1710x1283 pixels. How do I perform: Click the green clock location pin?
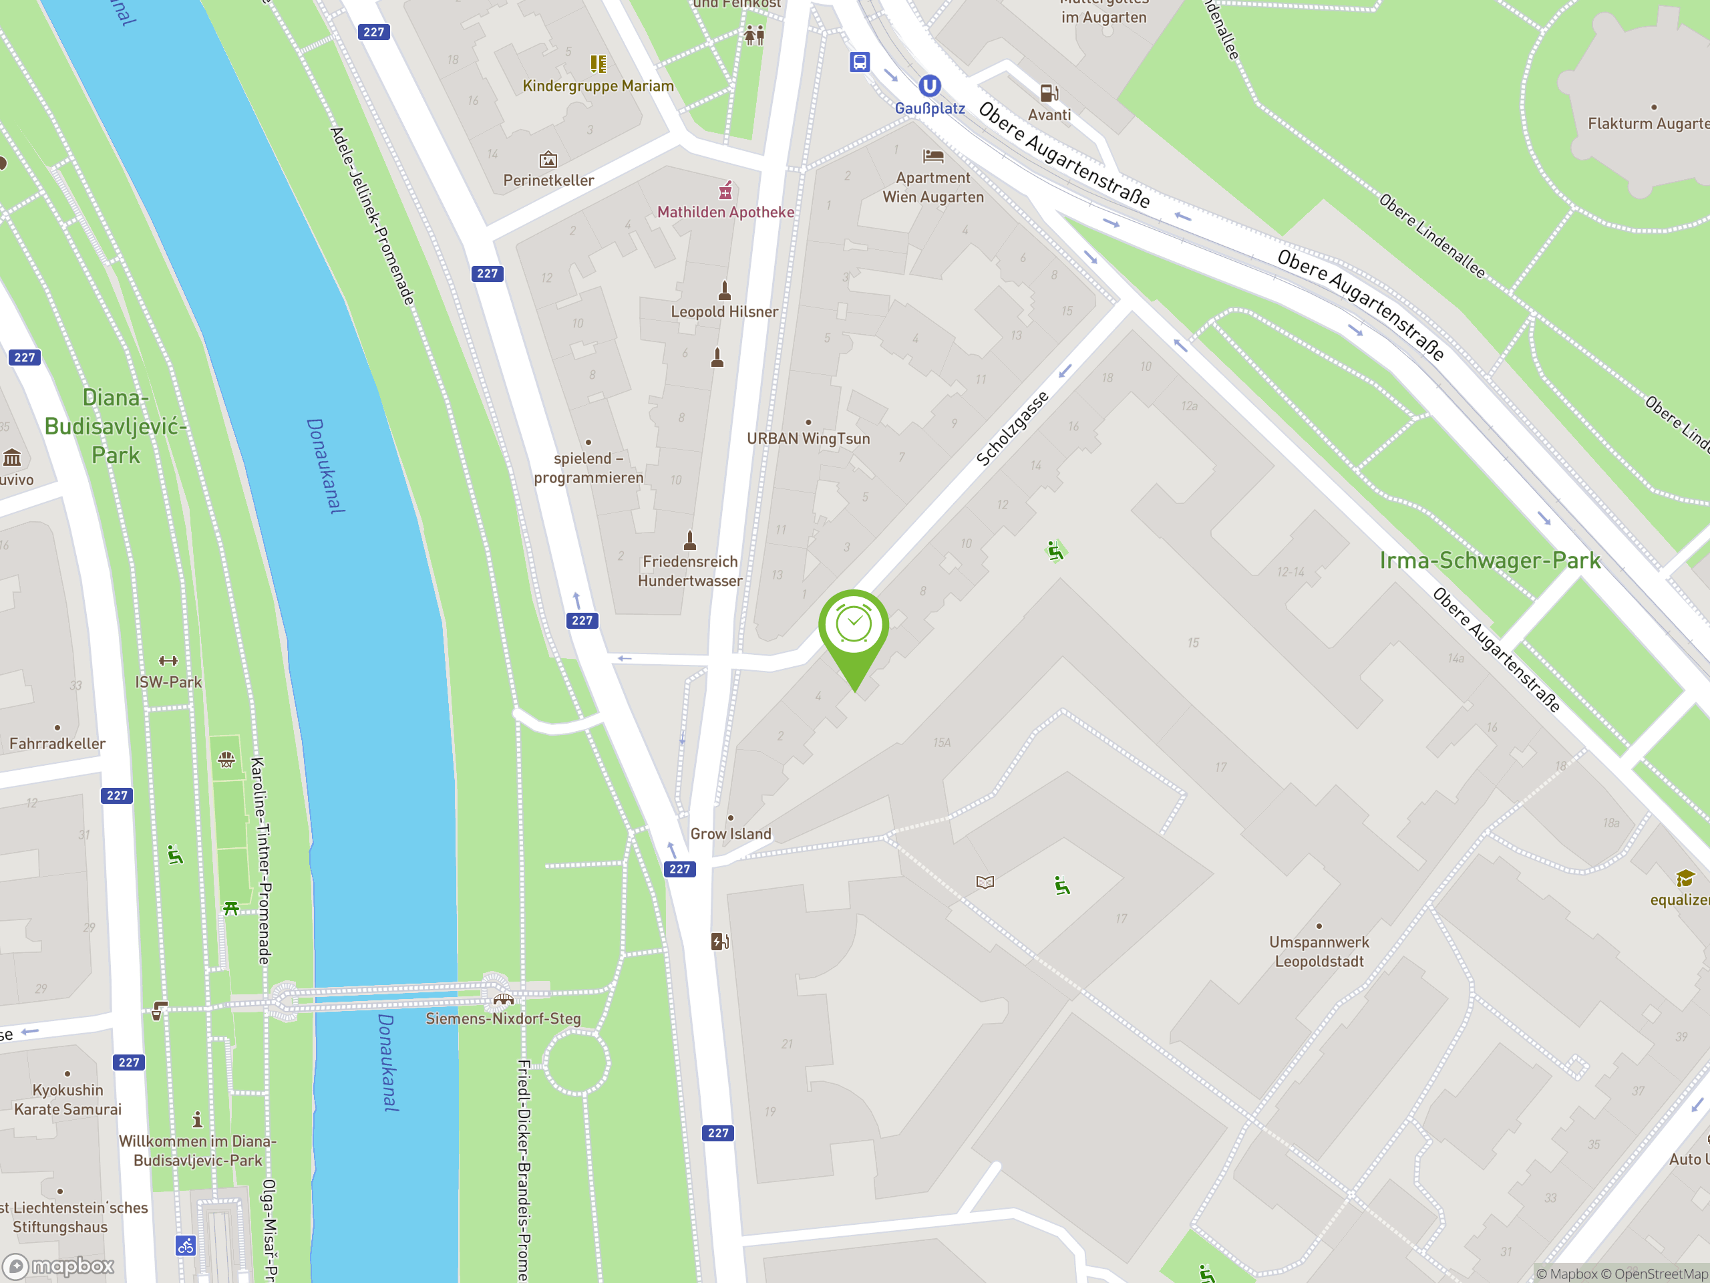pos(854,626)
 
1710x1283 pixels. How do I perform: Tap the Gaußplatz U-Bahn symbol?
pos(929,86)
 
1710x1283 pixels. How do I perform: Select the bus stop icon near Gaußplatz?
pos(860,62)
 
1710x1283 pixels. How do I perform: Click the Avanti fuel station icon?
pos(1049,94)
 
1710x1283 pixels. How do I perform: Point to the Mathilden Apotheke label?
pos(725,212)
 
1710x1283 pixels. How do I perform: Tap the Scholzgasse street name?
pos(1012,428)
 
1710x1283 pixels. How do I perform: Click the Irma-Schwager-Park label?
pos(1490,561)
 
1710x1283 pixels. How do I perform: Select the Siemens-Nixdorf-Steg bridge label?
pos(503,1018)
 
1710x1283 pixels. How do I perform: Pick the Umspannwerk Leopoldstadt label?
pos(1319,952)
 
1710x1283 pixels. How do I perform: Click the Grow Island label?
pos(731,834)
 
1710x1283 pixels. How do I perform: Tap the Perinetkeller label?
pos(548,180)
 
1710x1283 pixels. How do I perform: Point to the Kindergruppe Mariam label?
pos(598,86)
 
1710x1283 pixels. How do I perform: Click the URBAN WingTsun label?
pos(808,438)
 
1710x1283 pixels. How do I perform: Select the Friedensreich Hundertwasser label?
pos(689,571)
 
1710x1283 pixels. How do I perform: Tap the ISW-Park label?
pos(168,682)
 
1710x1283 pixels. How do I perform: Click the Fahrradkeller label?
pos(57,744)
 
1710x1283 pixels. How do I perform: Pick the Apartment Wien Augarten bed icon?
pos(933,156)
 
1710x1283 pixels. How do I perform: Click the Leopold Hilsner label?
pos(724,311)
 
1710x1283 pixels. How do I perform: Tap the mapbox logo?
pos(59,1265)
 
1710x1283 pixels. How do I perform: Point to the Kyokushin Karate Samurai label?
pos(67,1100)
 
